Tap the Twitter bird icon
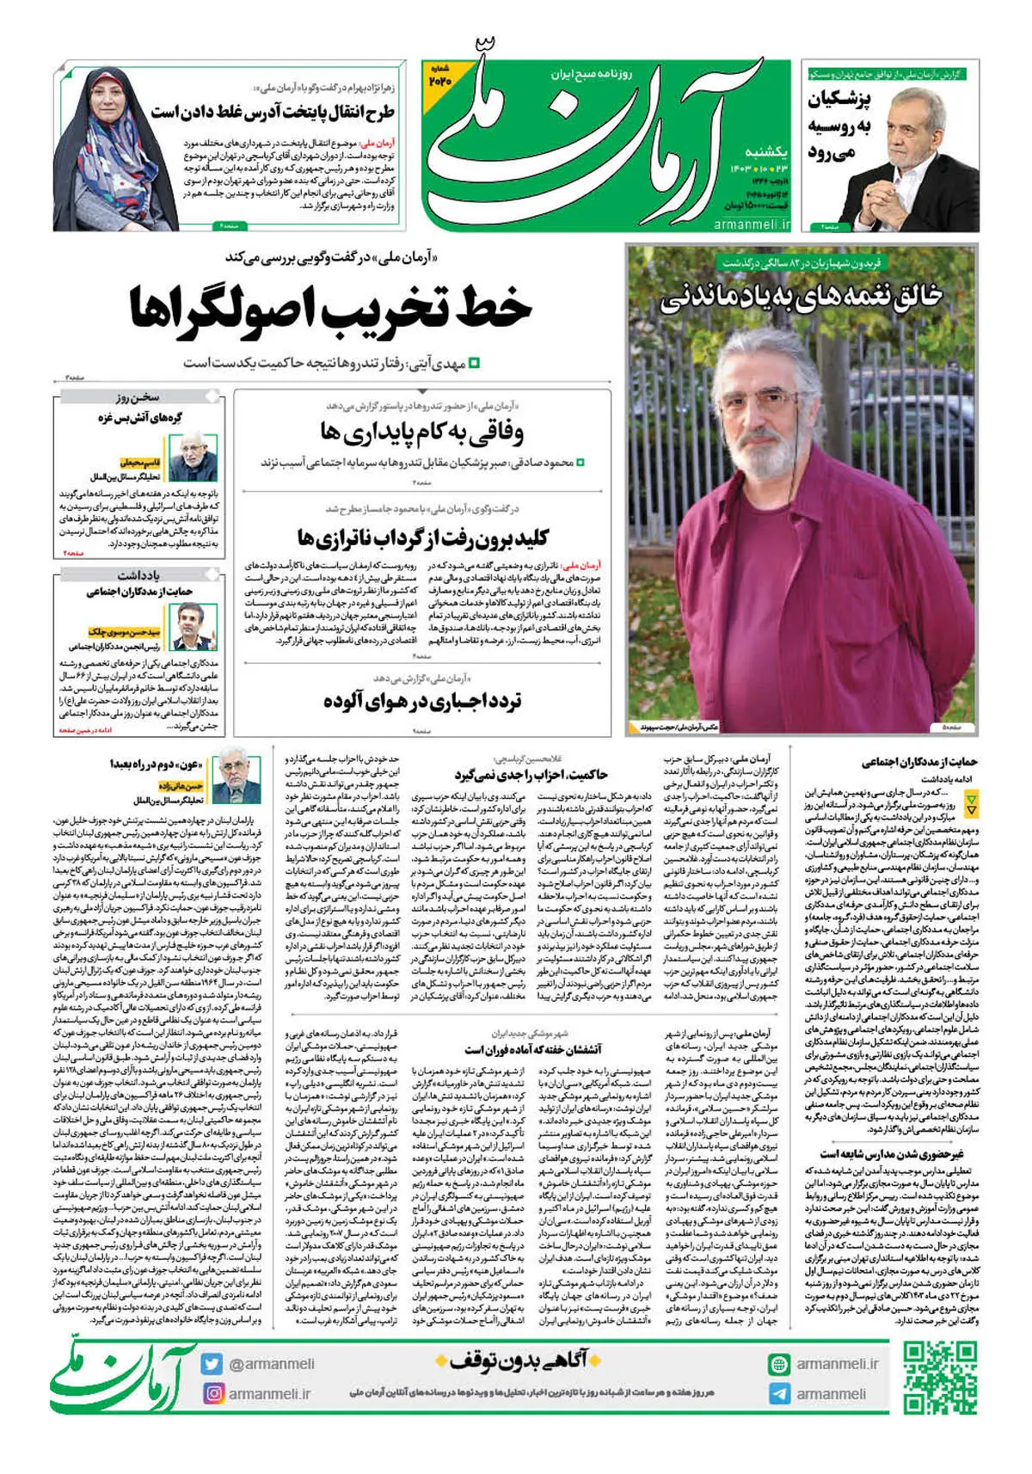point(212,1364)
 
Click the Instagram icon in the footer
point(212,1393)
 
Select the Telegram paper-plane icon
point(779,1394)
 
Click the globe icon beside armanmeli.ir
point(779,1364)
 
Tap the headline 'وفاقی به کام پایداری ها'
point(421,432)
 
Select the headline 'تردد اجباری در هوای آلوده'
point(422,702)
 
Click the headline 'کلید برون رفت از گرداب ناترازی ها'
point(422,539)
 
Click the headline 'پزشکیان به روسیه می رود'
point(840,126)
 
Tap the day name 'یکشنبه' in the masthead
point(764,151)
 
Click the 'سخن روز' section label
point(138,397)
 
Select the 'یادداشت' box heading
point(138,574)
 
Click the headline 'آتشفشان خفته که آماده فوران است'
point(533,1049)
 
